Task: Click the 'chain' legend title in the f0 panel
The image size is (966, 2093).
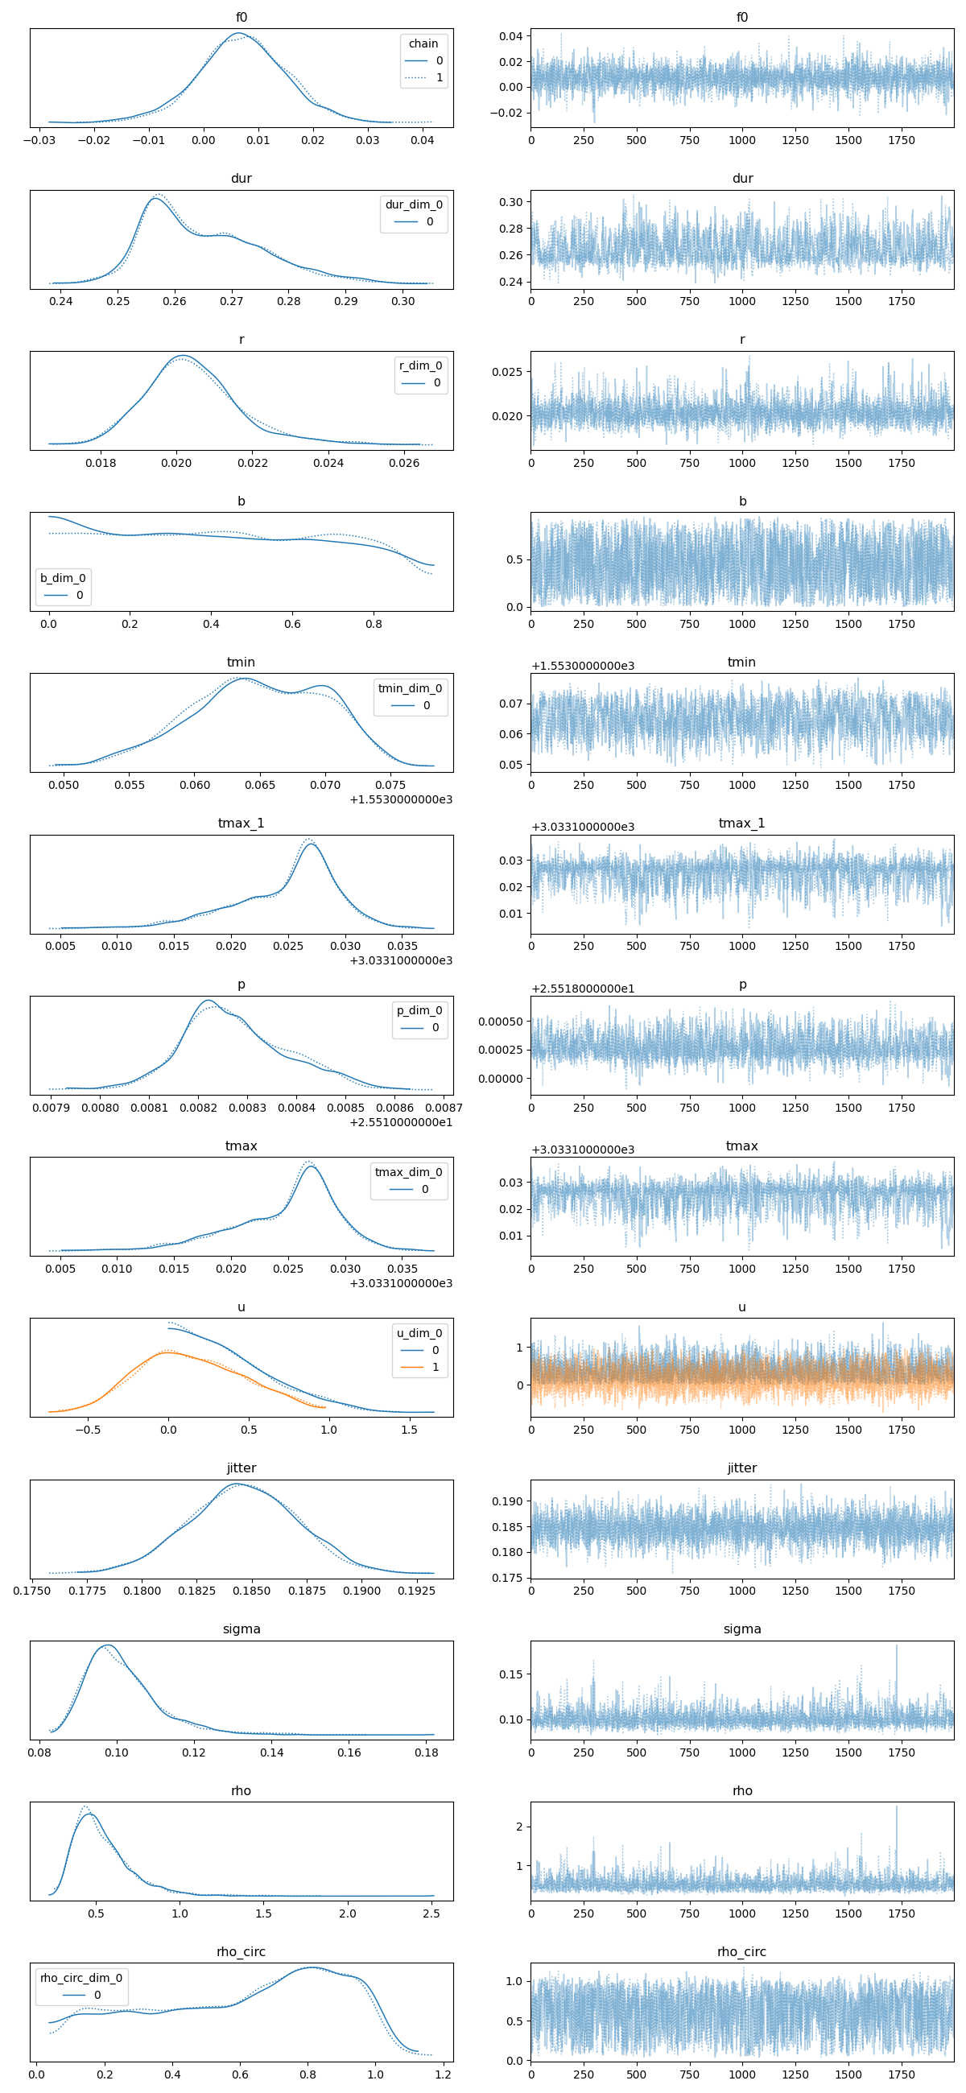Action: click(x=423, y=43)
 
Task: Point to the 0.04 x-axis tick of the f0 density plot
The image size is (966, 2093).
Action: click(x=422, y=140)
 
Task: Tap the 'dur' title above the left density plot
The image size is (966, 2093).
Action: click(x=242, y=178)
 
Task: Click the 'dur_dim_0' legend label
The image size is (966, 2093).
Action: click(x=414, y=204)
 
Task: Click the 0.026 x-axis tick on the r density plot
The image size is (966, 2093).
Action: click(x=404, y=463)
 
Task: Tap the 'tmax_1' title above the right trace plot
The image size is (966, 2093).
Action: click(x=741, y=823)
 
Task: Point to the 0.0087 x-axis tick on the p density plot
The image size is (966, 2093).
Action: click(x=444, y=1108)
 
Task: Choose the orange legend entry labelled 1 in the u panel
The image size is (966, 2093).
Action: click(x=419, y=1368)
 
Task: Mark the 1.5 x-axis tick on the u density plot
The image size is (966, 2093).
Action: click(x=409, y=1430)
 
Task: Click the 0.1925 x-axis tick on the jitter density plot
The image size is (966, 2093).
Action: click(x=417, y=1591)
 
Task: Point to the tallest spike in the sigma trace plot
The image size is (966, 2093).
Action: click(x=896, y=1645)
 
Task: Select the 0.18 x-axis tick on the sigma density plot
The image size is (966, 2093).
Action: click(x=427, y=1752)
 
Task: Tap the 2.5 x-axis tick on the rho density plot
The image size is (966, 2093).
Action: click(x=431, y=1913)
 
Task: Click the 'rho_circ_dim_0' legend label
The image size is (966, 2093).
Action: click(x=81, y=1978)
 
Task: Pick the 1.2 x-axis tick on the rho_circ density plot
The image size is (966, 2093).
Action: click(x=443, y=2074)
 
